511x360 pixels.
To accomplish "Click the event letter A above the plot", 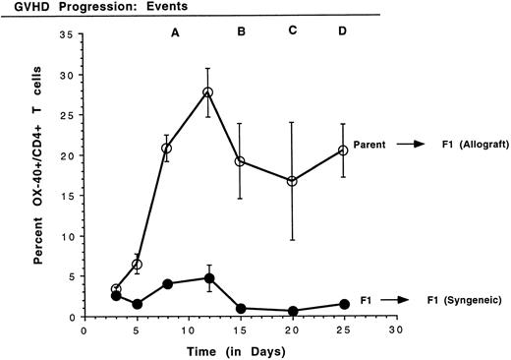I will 175,32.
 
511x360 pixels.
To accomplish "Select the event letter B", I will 242,32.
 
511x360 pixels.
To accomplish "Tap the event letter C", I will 292,32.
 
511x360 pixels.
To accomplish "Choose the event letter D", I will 342,32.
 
